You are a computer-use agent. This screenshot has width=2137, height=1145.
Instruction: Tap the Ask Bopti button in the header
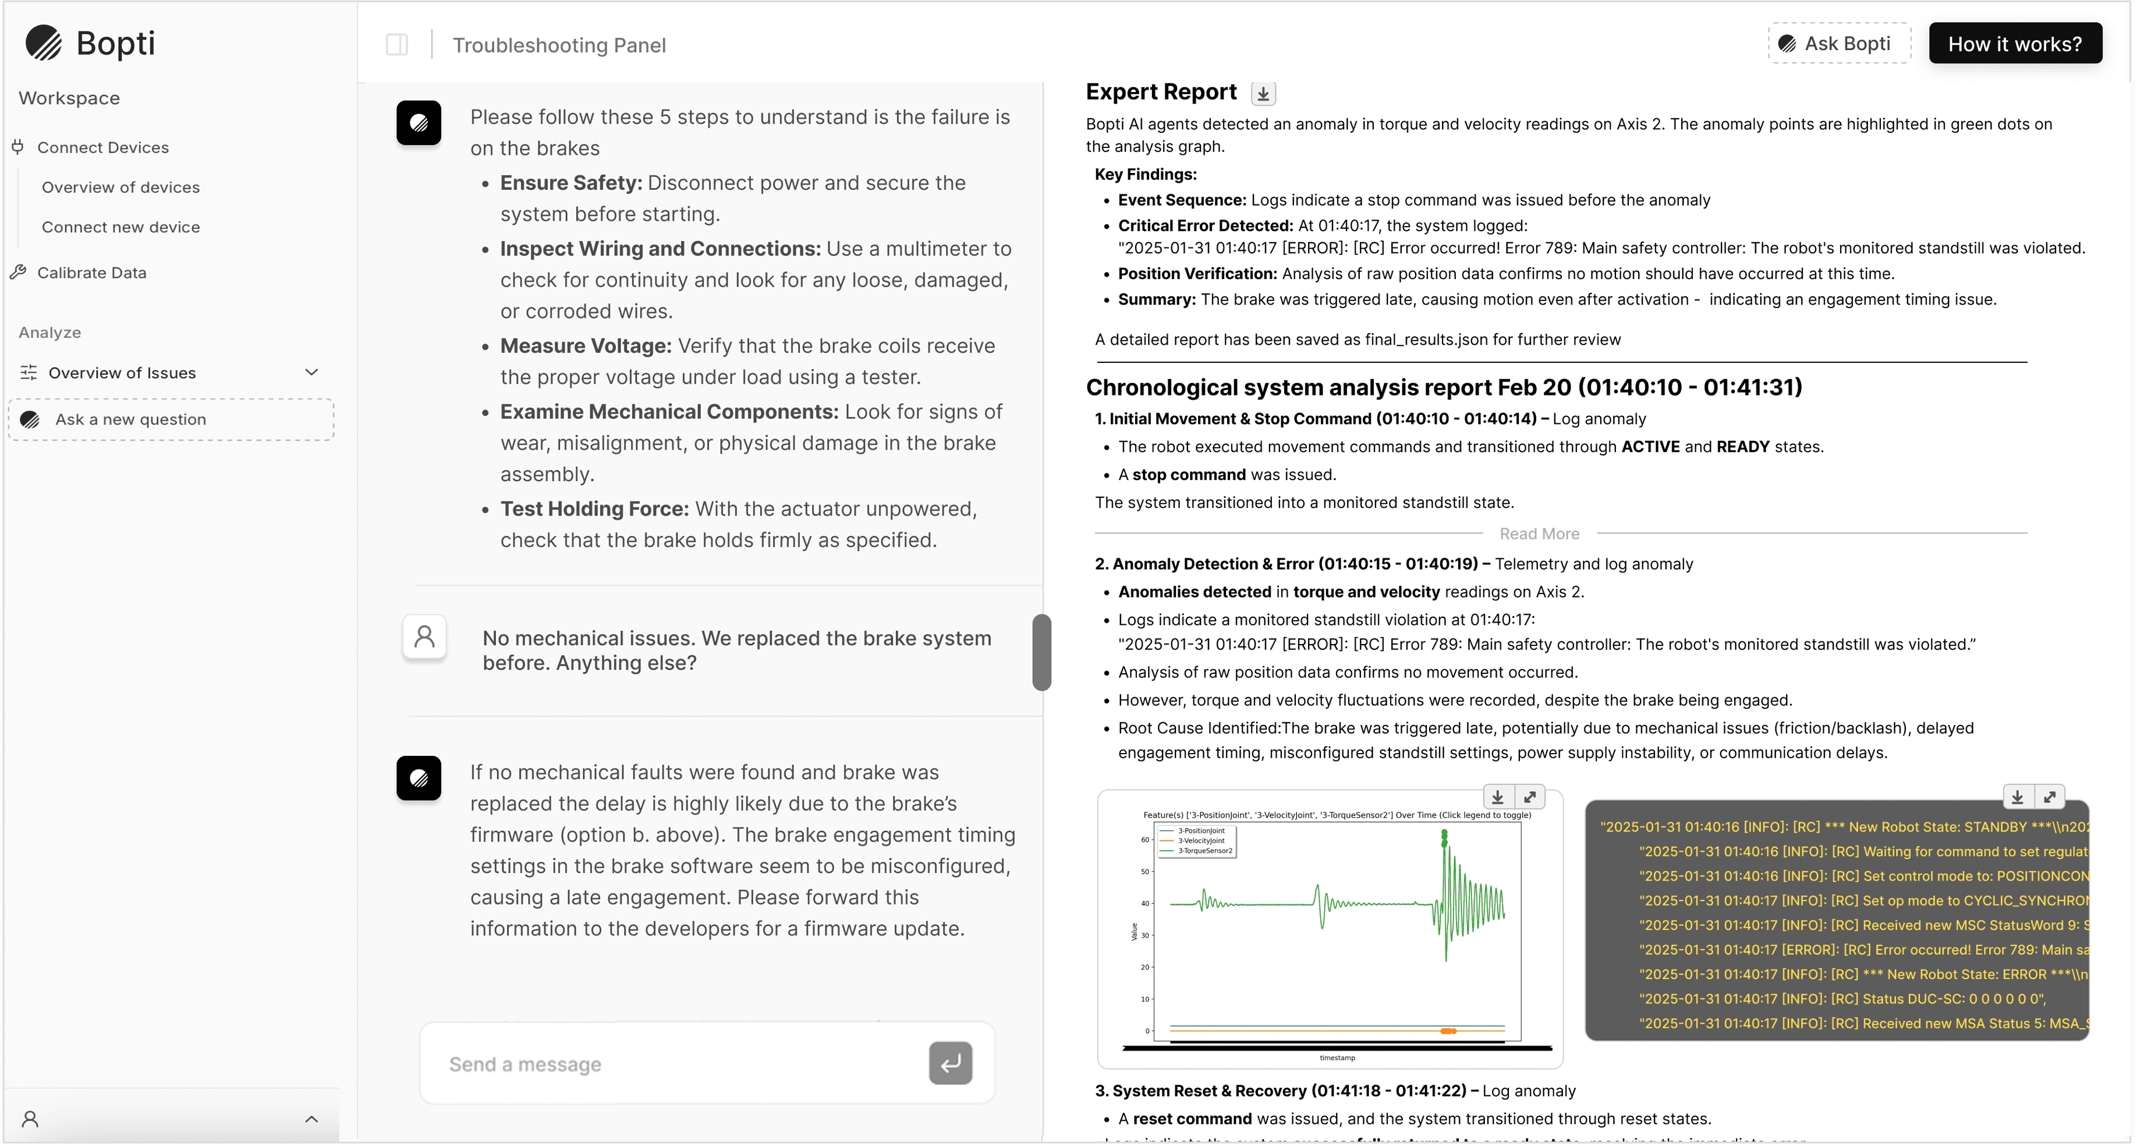click(1838, 44)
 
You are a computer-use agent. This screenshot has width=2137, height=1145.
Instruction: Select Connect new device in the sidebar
click(121, 227)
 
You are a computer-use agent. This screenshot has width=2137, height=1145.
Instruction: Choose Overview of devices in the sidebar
click(121, 188)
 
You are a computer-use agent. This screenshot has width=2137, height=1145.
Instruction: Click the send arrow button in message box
click(950, 1063)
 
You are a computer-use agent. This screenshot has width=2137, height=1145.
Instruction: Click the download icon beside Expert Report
click(1263, 94)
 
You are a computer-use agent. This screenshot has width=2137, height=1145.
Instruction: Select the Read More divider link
click(1539, 534)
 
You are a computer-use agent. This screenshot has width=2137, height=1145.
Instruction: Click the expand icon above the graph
click(1530, 797)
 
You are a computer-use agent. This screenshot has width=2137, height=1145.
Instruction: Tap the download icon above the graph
click(1497, 797)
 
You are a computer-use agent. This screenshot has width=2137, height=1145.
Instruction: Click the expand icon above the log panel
click(2049, 797)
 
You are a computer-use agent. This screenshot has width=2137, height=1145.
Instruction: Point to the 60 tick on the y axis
click(1145, 840)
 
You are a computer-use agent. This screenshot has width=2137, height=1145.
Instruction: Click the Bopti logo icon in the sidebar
click(43, 43)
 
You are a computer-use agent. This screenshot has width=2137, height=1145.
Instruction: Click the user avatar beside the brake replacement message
click(424, 637)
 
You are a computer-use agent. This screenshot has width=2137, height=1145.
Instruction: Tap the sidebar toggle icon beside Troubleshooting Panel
click(396, 45)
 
